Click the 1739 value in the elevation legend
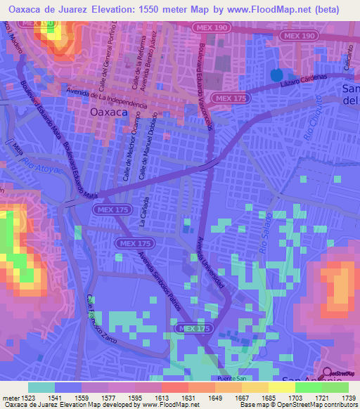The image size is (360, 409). [x=346, y=398]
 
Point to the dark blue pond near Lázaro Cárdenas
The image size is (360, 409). [x=275, y=74]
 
